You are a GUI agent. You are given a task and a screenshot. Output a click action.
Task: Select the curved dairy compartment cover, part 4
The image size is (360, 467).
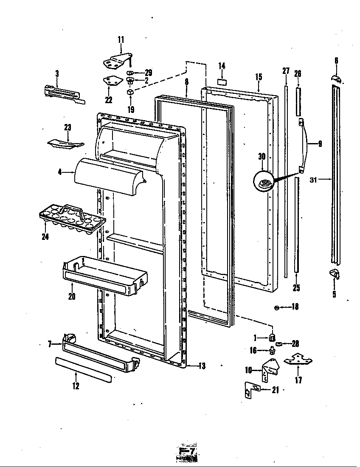click(108, 176)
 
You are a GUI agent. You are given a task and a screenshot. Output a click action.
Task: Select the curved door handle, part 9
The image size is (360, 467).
click(305, 144)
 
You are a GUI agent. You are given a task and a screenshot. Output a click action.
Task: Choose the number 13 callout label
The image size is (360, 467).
click(202, 366)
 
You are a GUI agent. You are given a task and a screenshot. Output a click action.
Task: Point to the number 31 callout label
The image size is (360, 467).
click(313, 180)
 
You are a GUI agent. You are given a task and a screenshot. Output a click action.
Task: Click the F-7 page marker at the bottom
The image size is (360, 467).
click(187, 452)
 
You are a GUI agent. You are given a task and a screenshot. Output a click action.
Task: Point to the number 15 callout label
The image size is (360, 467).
click(259, 77)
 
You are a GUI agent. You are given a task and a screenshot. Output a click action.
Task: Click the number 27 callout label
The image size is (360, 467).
click(285, 71)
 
